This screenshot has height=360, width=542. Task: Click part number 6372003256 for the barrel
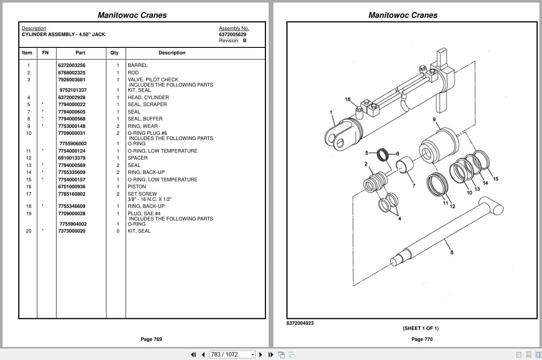pos(72,65)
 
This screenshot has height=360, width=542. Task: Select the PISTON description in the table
pos(137,187)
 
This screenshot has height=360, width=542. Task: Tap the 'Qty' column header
pos(114,53)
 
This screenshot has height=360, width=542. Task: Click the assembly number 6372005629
pos(232,34)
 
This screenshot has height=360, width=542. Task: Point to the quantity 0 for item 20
pos(117,231)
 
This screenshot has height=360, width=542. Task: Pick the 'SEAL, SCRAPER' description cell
pos(147,104)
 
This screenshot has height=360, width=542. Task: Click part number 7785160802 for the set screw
pos(72,194)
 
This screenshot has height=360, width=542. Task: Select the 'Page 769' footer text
pos(151,339)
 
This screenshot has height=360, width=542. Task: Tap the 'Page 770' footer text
pos(422,339)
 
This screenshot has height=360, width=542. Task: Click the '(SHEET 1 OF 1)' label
pos(420,328)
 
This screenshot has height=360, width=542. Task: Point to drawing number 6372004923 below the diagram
pos(300,323)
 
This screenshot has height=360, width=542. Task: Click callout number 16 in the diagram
pos(347,100)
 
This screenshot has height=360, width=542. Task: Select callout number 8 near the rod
pos(452,252)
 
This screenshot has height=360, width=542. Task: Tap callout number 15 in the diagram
pos(495,179)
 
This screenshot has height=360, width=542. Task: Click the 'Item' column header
pos(27,53)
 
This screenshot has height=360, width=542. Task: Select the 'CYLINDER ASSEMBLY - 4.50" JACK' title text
pos(63,34)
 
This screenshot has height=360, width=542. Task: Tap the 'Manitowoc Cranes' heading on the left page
pos(132,15)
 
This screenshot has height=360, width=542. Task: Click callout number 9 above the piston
pos(434,120)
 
